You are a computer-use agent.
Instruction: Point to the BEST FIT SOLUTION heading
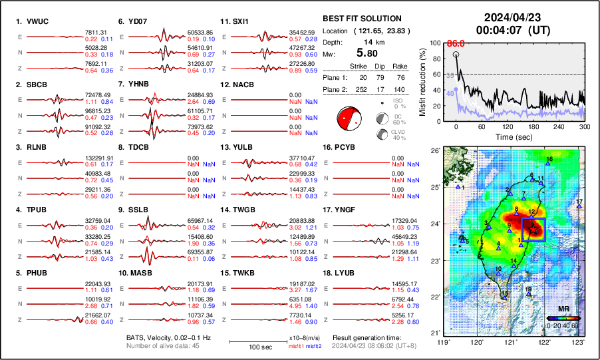pos(371,19)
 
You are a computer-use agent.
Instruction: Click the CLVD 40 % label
pos(399,135)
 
